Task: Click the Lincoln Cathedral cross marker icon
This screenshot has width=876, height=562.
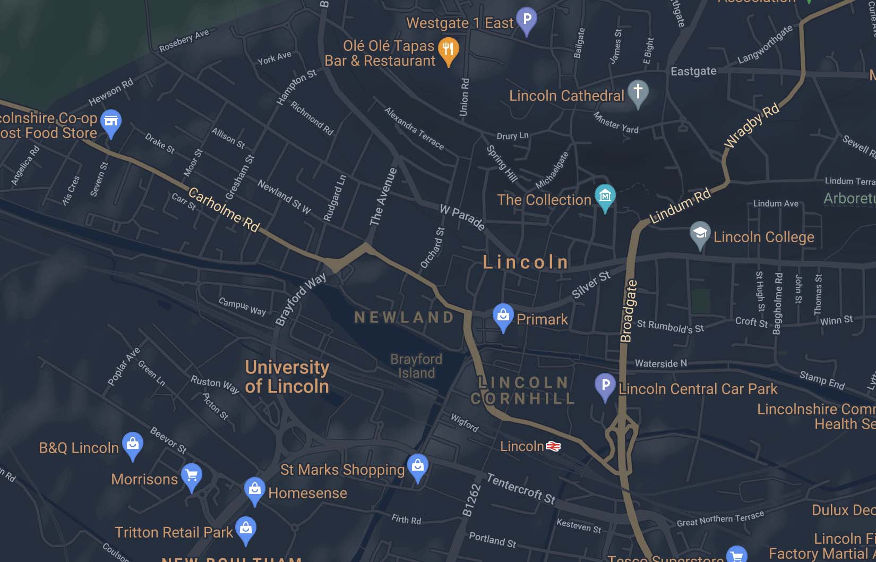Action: tap(638, 92)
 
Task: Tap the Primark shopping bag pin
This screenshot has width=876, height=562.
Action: tap(502, 316)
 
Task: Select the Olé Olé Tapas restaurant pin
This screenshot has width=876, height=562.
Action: tap(448, 50)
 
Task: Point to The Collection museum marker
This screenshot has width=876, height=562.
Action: tap(605, 197)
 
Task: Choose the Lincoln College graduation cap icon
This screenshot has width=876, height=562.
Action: tap(700, 233)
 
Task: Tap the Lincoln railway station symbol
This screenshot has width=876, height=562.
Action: tap(553, 446)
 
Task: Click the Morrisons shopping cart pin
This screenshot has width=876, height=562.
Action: tap(191, 475)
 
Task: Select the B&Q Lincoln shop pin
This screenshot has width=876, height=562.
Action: tap(133, 444)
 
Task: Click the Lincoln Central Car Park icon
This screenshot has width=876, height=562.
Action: tap(605, 385)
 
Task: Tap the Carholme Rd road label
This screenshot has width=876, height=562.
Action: tap(224, 210)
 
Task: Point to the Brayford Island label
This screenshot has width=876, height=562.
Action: tap(416, 366)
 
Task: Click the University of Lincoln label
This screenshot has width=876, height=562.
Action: tap(287, 377)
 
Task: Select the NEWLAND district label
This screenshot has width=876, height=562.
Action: tap(404, 317)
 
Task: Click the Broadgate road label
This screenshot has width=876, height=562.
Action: tap(628, 311)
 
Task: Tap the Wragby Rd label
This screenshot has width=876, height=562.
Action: tap(752, 126)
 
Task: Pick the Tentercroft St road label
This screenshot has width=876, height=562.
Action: tap(521, 489)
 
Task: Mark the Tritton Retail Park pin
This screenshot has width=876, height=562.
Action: tap(245, 529)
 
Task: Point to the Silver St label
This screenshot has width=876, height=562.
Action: tap(591, 284)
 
